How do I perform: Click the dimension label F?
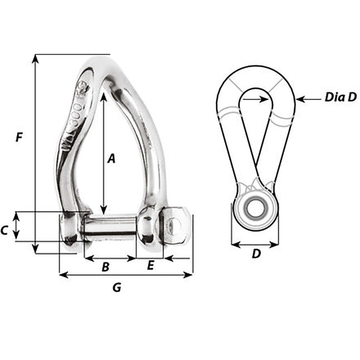pos(19,137)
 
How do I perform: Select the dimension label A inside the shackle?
pos(111,159)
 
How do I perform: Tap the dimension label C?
pos(5,229)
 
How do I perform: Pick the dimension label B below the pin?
pos(105,267)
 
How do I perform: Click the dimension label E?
pos(150,266)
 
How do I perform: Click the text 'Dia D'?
pos(340,98)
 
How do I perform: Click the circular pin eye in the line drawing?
pos(256,204)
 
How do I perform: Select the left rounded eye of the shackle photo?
pos(70,229)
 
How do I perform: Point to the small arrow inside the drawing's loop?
pos(262,99)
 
